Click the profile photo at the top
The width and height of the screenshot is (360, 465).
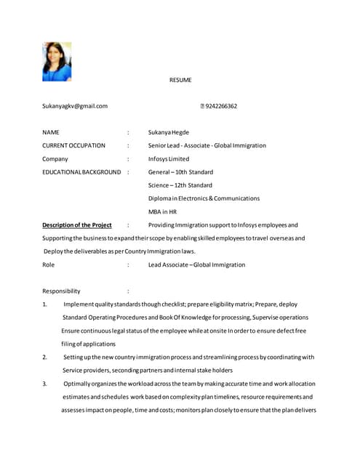click(57, 61)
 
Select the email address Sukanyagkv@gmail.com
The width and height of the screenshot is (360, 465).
click(75, 106)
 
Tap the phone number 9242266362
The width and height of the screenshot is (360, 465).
click(221, 106)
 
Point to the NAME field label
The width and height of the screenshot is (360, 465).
click(51, 133)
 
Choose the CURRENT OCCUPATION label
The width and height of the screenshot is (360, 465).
click(73, 145)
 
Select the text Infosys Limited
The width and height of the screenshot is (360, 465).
click(169, 158)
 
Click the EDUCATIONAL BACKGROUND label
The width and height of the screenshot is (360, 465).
click(81, 172)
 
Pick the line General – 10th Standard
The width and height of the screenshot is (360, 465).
click(180, 172)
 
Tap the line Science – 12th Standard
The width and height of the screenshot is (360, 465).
click(180, 185)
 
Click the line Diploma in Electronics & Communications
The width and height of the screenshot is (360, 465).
click(204, 198)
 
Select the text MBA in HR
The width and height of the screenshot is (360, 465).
click(162, 211)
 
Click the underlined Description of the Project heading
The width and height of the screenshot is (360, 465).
click(77, 225)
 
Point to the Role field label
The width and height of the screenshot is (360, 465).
click(49, 264)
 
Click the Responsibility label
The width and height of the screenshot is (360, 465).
click(61, 291)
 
